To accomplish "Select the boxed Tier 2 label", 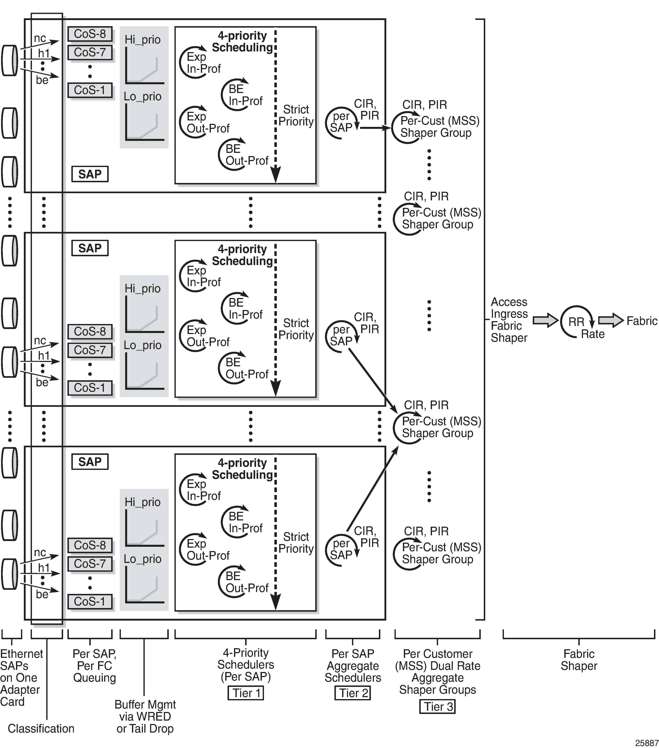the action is pyautogui.click(x=353, y=693).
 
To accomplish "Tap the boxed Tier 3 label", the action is pyautogui.click(x=438, y=707).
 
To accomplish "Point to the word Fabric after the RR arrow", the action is pyautogui.click(x=642, y=321).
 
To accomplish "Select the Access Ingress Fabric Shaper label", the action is pyautogui.click(x=509, y=320).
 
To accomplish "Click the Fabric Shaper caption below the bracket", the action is pyautogui.click(x=579, y=660).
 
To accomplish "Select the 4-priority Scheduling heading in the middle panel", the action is pyautogui.click(x=242, y=255).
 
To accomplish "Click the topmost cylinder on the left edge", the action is pyautogui.click(x=10, y=61).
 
